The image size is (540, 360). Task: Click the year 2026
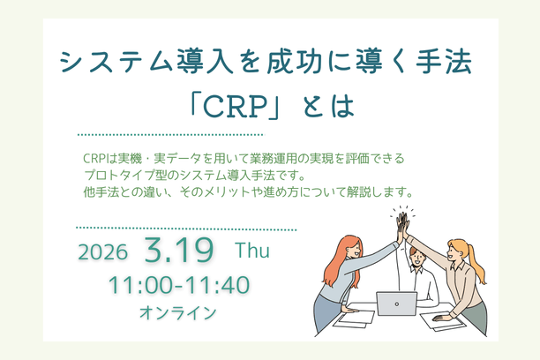pyautogui.click(x=102, y=252)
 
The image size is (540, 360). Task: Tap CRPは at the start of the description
pyautogui.click(x=96, y=158)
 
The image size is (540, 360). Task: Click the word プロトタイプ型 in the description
pyautogui.click(x=114, y=174)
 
